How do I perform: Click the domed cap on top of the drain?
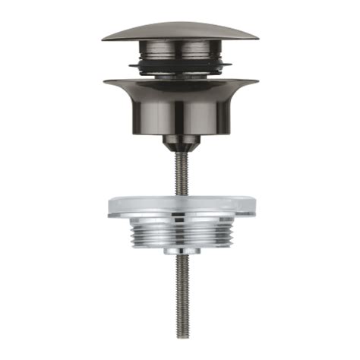pos(179,30)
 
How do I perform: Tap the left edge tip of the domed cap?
pos(103,36)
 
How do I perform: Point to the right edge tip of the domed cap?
pos(257,36)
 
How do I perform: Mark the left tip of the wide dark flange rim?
pos(104,82)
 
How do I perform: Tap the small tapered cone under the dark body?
pos(180,142)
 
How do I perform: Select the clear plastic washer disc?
pos(180,205)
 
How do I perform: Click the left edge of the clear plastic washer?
pos(109,207)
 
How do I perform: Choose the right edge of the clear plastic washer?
pos(251,207)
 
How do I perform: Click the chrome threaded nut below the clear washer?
pos(180,232)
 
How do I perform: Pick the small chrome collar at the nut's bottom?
pos(180,250)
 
